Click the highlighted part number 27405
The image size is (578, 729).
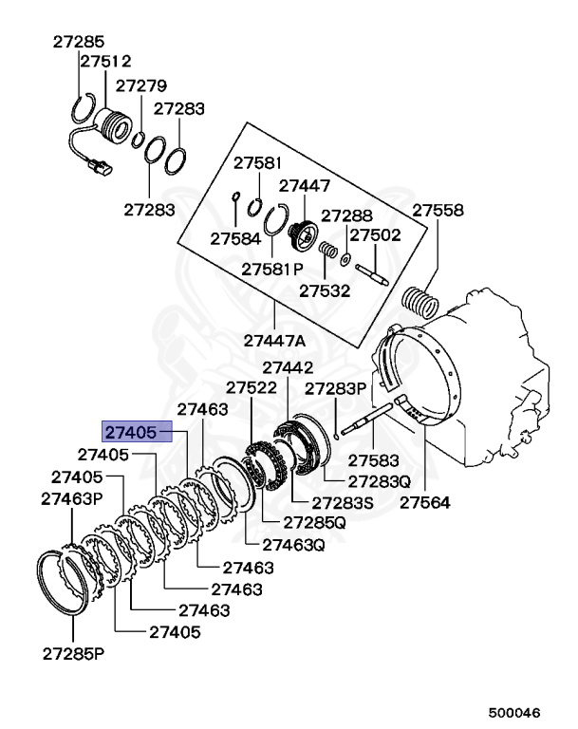(130, 433)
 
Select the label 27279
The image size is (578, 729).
(141, 86)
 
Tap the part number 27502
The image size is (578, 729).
(376, 235)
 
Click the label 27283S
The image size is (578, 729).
(322, 501)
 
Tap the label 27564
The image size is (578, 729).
(424, 502)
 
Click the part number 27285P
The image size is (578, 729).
(73, 653)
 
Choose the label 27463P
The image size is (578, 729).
(71, 498)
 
